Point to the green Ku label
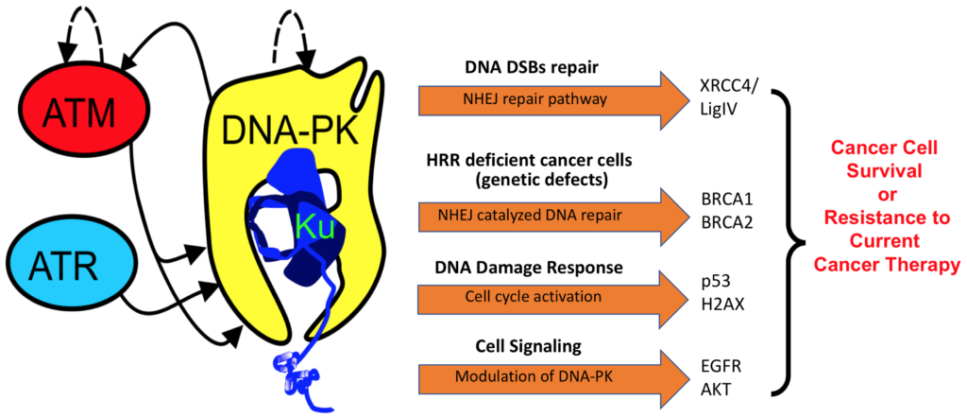pyautogui.click(x=314, y=229)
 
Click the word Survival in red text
pyautogui.click(x=883, y=171)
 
